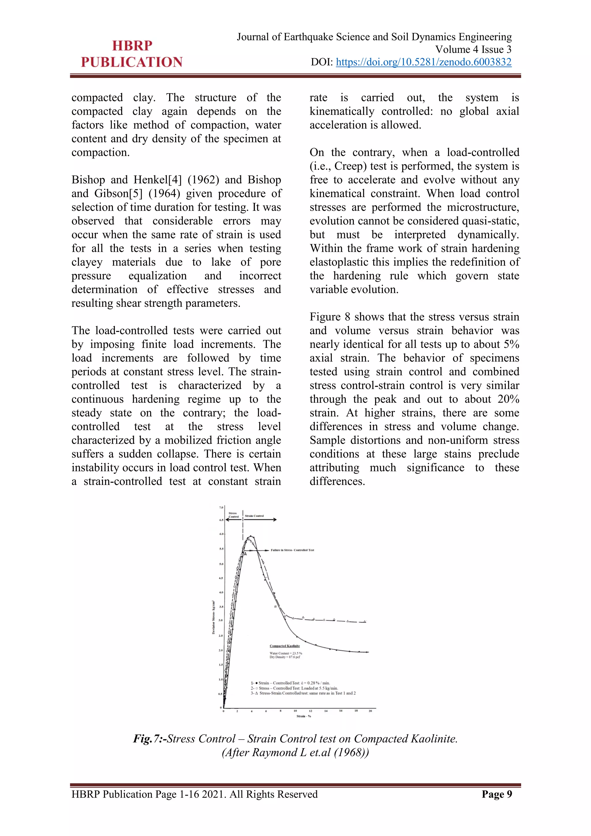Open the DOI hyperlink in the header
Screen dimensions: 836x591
click(423, 62)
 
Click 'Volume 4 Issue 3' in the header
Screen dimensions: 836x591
click(473, 49)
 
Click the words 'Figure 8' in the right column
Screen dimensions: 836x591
click(329, 317)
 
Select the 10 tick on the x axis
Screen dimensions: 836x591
click(295, 710)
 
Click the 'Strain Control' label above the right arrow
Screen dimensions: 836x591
click(254, 516)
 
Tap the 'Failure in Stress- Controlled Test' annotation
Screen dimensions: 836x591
click(292, 550)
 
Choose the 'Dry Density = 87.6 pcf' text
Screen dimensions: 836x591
click(285, 657)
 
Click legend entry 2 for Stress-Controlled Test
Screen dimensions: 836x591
click(294, 688)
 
